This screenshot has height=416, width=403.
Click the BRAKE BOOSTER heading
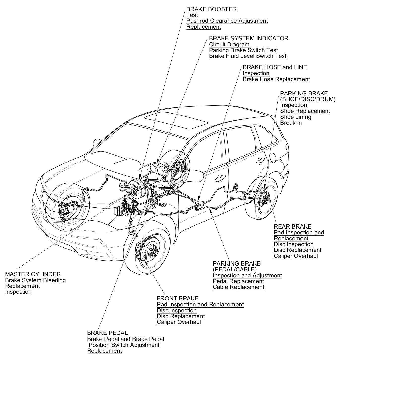[211, 9]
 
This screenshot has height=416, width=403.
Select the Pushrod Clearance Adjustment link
[227, 21]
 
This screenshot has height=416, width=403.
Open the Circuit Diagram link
[229, 45]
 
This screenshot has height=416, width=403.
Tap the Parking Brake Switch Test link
[243, 50]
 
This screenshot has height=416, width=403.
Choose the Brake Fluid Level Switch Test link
[248, 56]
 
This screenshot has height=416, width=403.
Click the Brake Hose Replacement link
[276, 79]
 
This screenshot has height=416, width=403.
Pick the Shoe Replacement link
[305, 111]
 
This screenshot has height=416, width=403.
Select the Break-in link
[291, 123]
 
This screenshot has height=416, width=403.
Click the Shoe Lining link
[295, 117]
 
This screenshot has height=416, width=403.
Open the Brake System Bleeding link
[35, 280]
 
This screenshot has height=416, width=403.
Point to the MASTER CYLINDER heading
[33, 274]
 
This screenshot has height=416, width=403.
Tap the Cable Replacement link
[238, 287]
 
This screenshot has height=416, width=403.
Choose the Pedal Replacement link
[238, 281]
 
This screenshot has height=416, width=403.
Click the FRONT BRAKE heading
[178, 299]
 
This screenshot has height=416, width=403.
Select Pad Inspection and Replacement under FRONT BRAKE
[200, 305]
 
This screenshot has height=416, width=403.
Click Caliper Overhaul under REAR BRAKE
[296, 256]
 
